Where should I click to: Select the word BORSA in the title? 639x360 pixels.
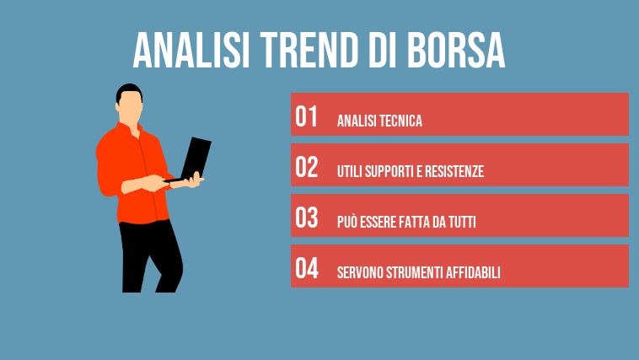pos(456,52)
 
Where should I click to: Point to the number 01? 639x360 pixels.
pos(306,117)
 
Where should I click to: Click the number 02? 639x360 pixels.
pos(306,168)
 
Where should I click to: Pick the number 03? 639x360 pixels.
pos(306,218)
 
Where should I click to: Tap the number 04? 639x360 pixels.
pos(306,269)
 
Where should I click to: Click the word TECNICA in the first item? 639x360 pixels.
pos(400,121)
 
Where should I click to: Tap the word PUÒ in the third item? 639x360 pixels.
pos(348,223)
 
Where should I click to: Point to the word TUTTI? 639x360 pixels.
pos(460,223)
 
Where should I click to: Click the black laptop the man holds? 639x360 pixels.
pos(196,159)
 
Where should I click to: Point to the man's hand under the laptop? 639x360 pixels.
pos(195,180)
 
